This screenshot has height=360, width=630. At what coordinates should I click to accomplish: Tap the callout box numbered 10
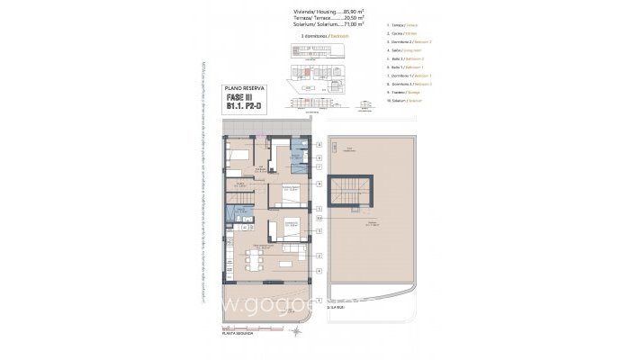pos(319,217)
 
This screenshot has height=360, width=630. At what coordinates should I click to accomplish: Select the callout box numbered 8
pos(319,145)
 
